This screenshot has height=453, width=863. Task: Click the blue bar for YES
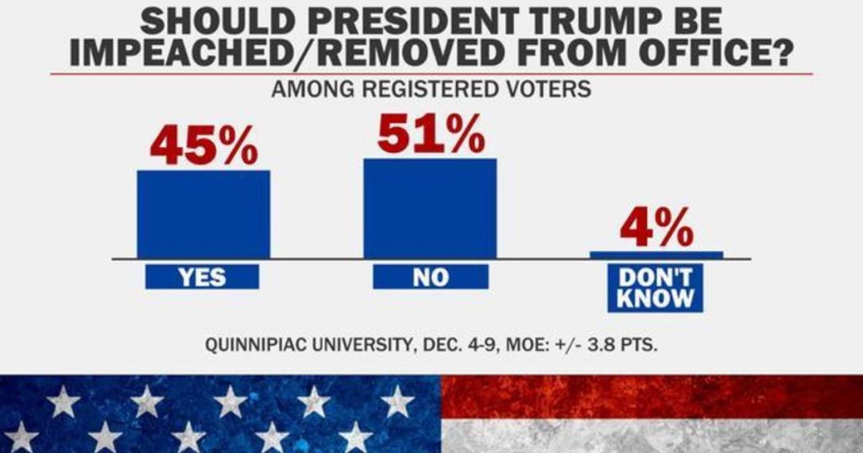click(204, 214)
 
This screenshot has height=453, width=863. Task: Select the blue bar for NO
click(430, 208)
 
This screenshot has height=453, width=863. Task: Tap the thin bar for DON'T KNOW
click(657, 254)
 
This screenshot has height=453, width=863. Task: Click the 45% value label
click(204, 145)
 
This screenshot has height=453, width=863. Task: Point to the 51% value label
click(431, 133)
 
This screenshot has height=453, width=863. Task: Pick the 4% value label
click(657, 226)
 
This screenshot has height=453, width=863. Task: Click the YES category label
click(202, 277)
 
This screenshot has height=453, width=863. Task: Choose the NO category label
click(430, 277)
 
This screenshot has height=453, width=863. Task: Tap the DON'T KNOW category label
click(657, 287)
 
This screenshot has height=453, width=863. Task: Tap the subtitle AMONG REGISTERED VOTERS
click(431, 90)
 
